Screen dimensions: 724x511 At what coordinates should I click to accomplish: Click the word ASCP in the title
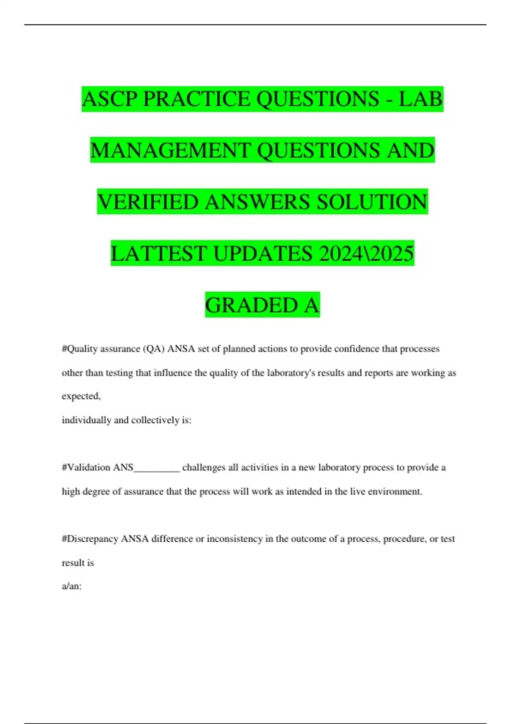110,99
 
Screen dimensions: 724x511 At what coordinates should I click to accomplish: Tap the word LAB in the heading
421,99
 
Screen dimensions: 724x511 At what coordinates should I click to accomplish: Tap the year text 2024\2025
366,254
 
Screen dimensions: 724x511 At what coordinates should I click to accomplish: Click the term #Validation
86,468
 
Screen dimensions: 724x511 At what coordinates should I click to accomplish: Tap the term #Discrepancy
90,539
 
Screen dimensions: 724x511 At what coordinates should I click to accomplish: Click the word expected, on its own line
81,396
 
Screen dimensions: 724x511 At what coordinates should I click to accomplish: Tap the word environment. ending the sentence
395,491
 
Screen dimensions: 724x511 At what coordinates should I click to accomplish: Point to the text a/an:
72,586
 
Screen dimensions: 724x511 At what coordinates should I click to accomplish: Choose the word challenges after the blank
204,468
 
